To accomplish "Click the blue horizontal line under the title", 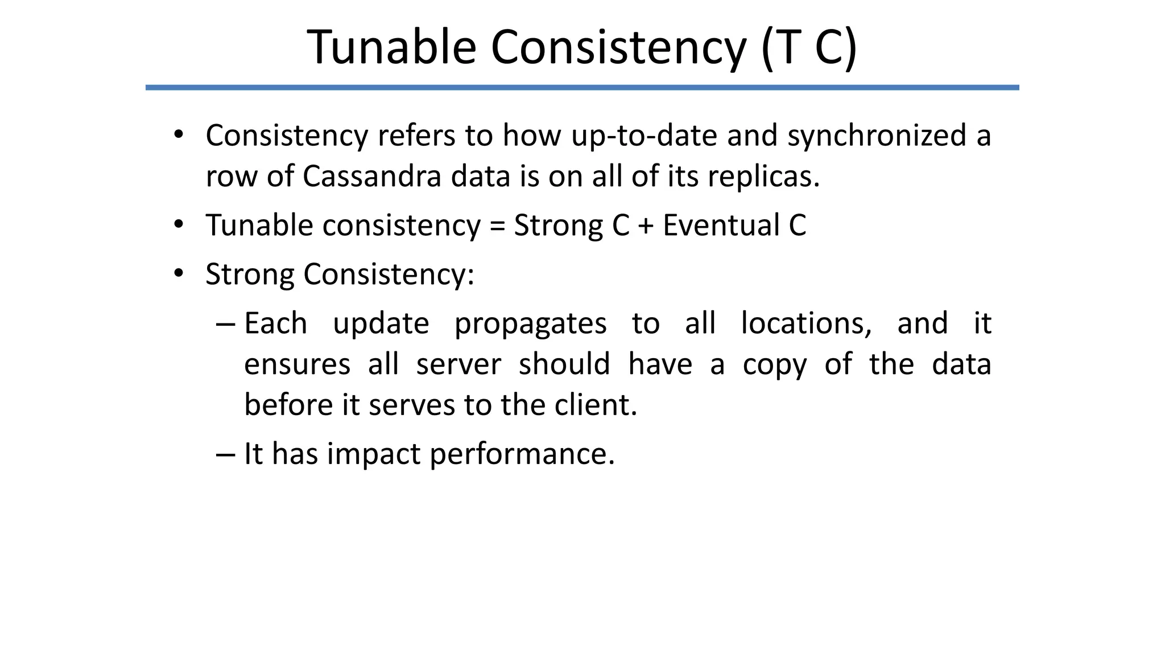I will [582, 88].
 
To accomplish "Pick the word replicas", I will [763, 176].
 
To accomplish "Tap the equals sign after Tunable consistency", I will [497, 225].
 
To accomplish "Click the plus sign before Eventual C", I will [646, 225].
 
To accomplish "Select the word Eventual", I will [721, 225].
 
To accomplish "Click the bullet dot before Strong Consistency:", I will [179, 274].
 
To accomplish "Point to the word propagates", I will [530, 323].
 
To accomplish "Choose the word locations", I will [806, 323].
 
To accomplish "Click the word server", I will [458, 364].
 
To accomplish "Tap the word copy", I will [774, 365].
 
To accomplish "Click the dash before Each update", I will [225, 324].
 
